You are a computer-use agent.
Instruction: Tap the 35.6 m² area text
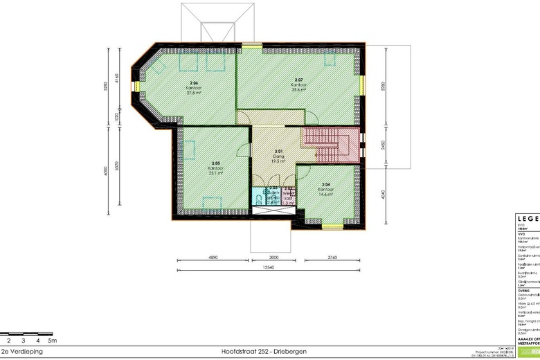(x=299, y=89)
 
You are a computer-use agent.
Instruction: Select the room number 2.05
(x=215, y=162)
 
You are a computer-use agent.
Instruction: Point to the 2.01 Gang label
(x=278, y=156)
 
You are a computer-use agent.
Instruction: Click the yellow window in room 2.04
(x=330, y=225)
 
